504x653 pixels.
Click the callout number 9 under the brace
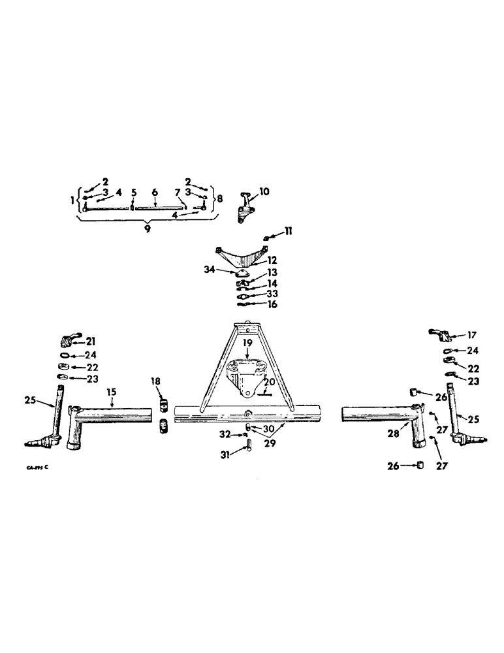coord(147,229)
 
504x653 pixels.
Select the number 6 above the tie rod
coord(155,193)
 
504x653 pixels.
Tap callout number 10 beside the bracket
coord(264,192)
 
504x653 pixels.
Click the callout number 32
coord(224,434)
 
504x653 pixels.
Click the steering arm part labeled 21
coord(68,340)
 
